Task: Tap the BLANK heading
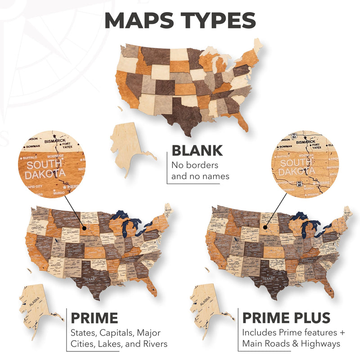coord(197,151)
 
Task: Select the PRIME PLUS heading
coord(286,318)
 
